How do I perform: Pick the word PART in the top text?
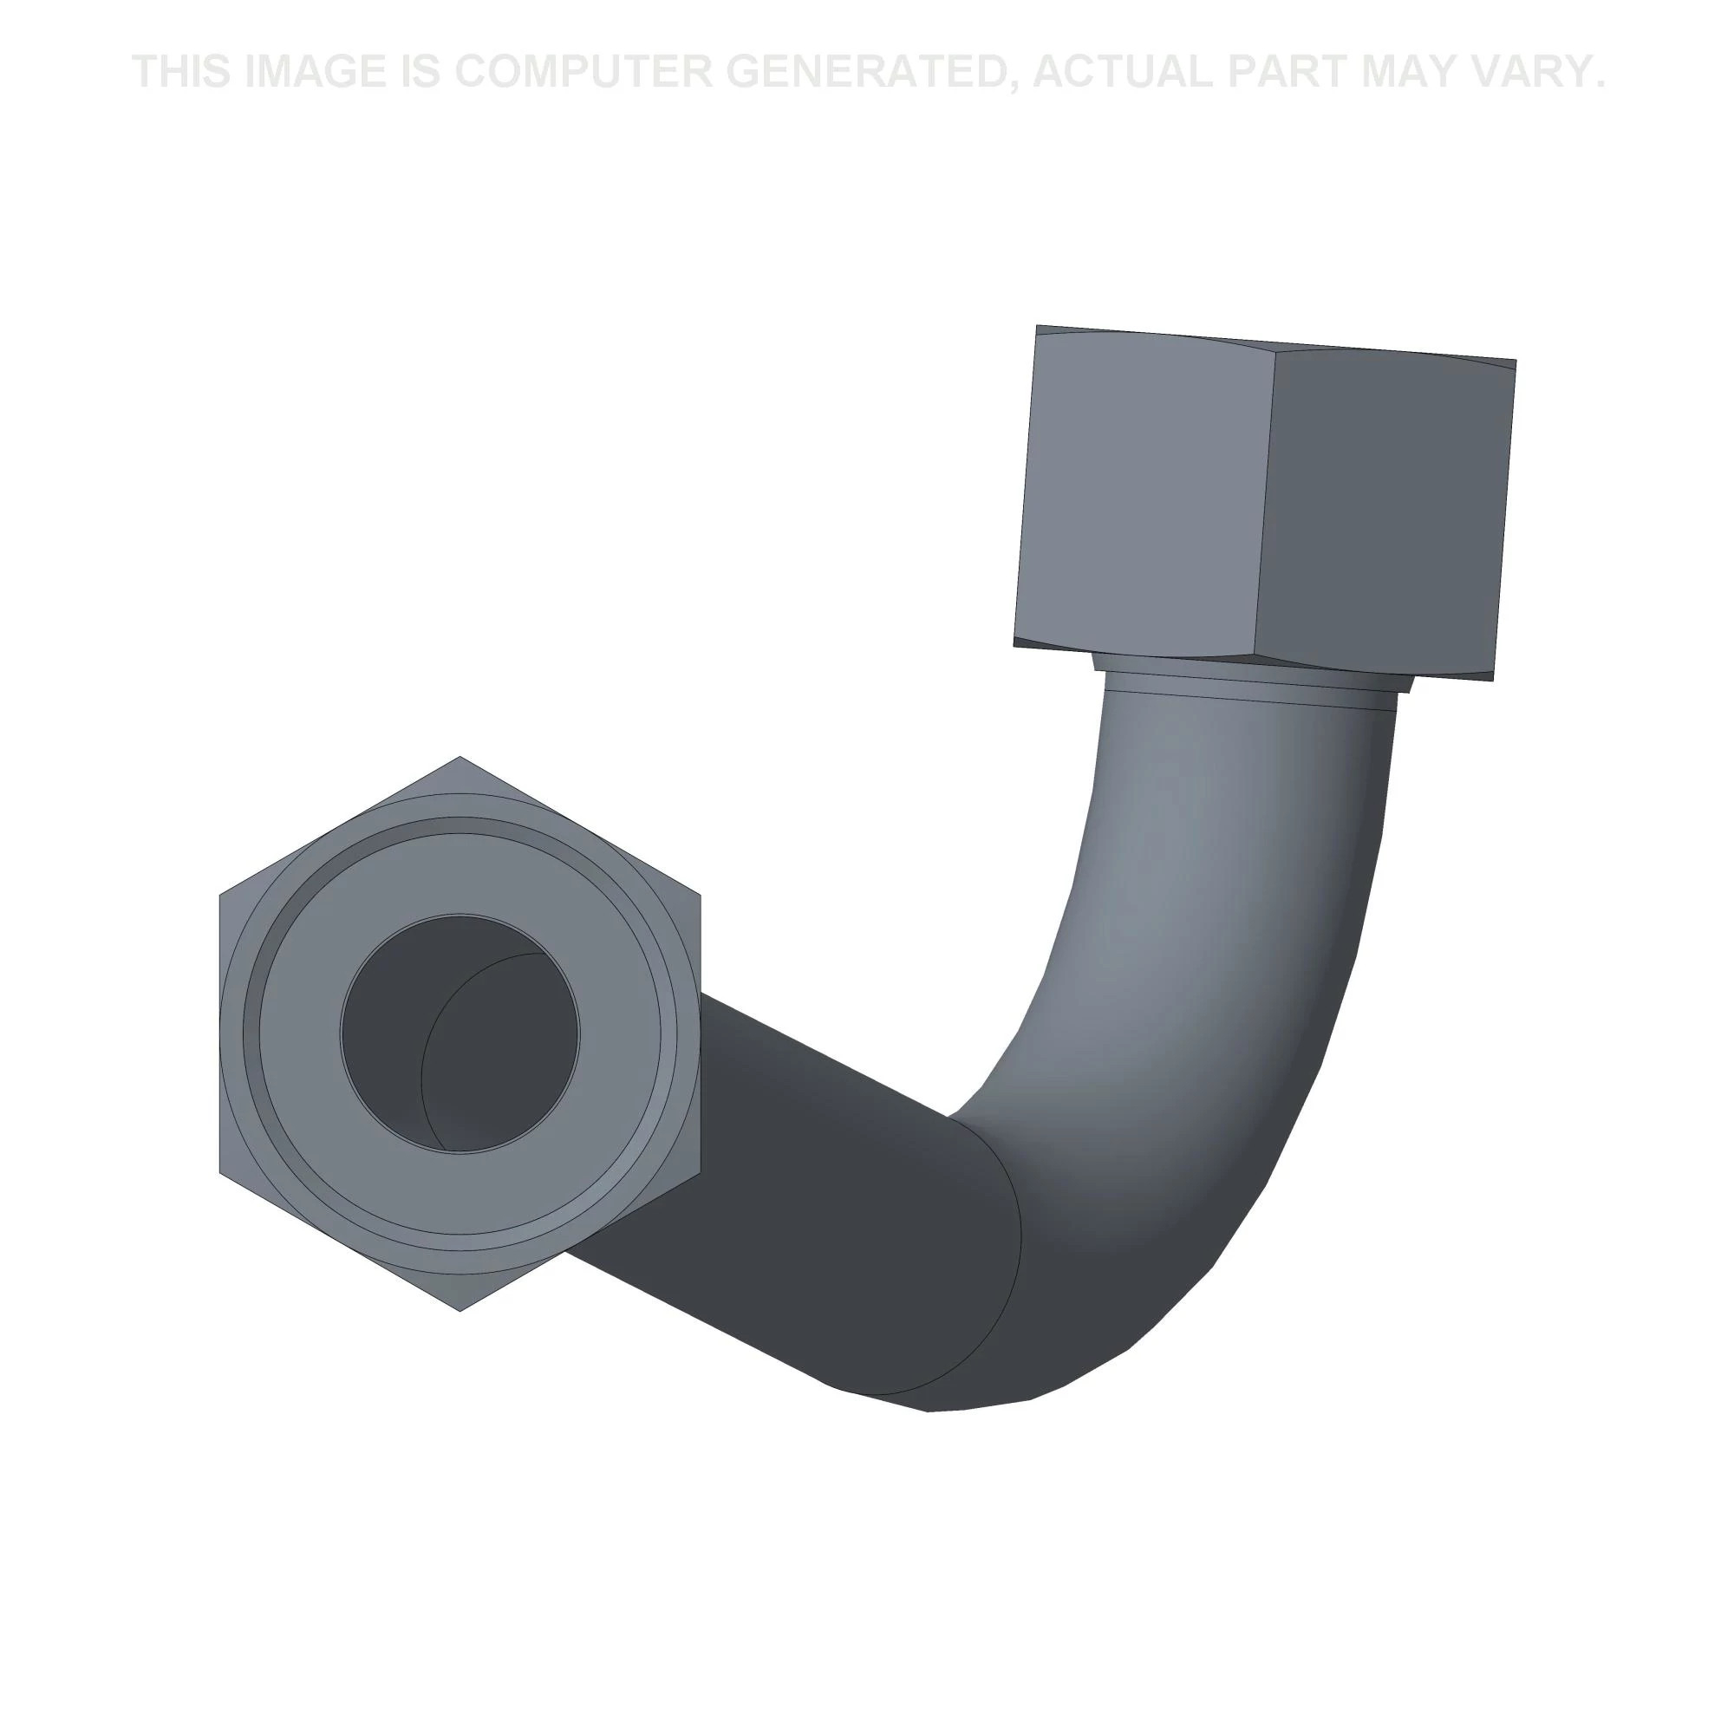[x=1290, y=71]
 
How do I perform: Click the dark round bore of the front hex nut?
[x=460, y=1033]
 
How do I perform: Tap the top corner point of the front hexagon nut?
[x=460, y=757]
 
